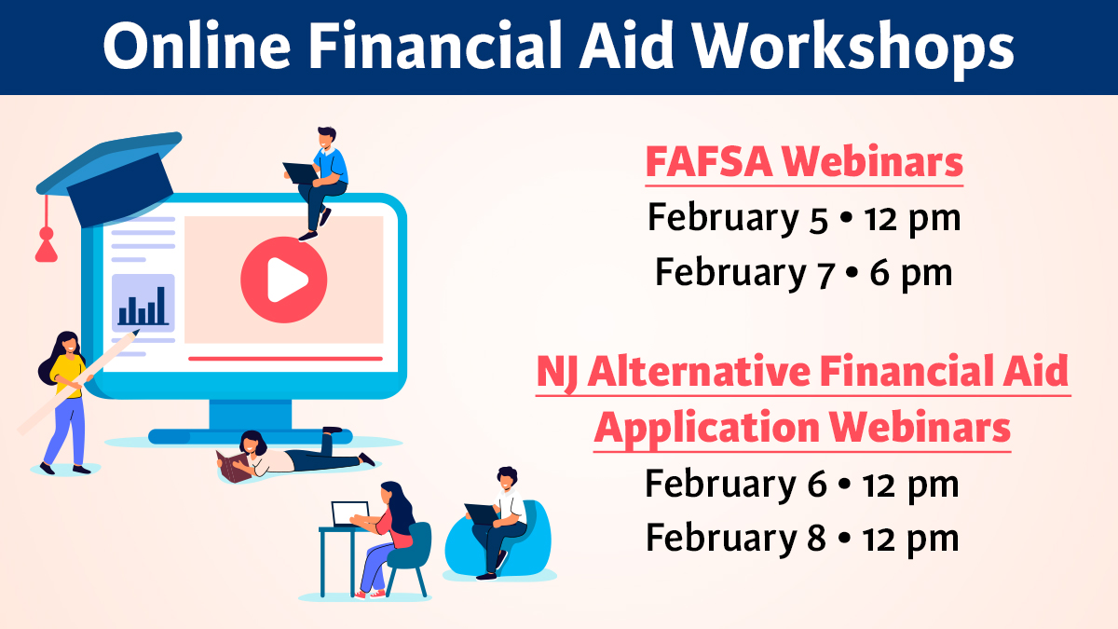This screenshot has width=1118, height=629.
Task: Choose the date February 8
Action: (735, 538)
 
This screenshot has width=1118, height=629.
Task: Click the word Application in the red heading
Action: (704, 428)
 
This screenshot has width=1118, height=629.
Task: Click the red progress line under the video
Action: (285, 358)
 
